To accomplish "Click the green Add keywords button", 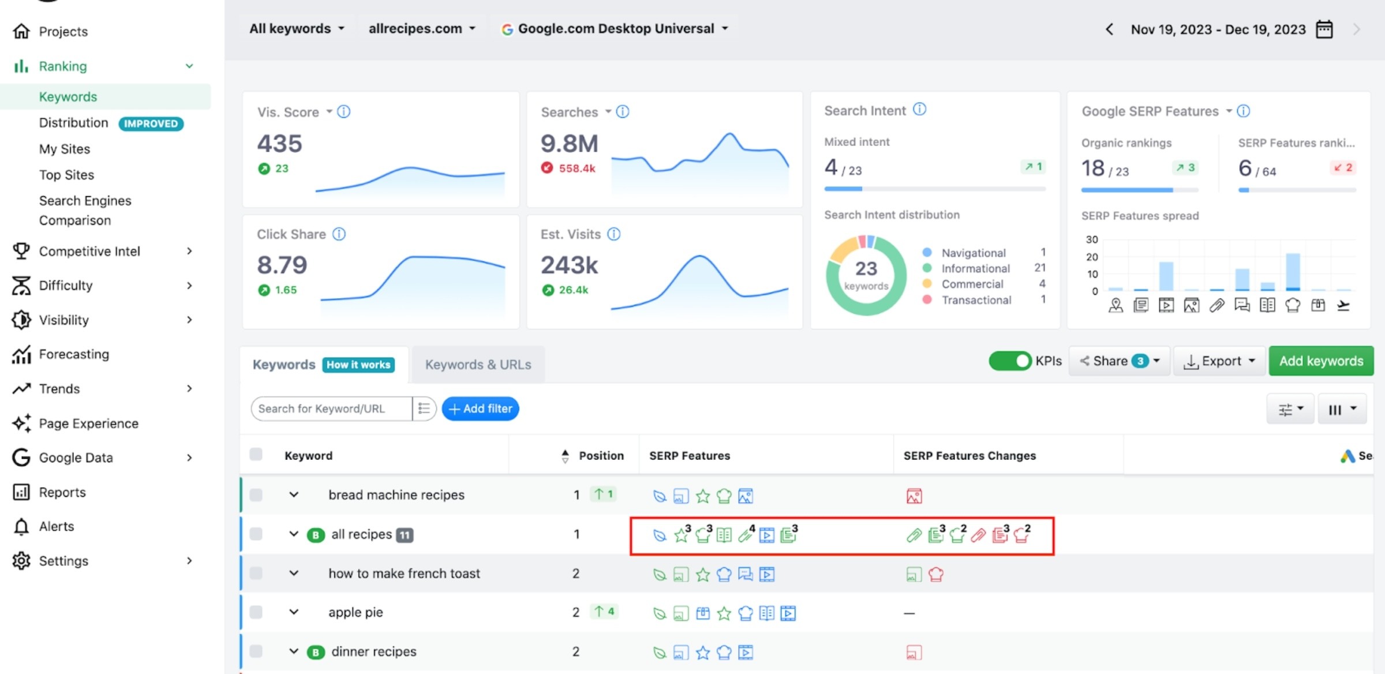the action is [x=1320, y=361].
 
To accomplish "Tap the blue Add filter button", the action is [x=480, y=409].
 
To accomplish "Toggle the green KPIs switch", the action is [x=1010, y=361].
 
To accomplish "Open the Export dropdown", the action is [x=1219, y=361].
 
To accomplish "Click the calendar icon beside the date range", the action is [x=1324, y=29].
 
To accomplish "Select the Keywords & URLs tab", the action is [x=478, y=365].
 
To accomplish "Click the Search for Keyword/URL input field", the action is [x=332, y=409].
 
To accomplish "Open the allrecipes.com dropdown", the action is [x=422, y=28].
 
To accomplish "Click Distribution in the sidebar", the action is [x=73, y=123].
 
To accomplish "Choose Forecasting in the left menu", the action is [x=74, y=354].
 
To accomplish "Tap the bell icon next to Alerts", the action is [x=21, y=526].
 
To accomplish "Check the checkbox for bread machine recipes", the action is [x=256, y=495].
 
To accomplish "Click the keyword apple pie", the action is [x=355, y=612].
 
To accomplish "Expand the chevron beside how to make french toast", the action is [x=294, y=573].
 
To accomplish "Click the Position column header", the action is [x=601, y=456].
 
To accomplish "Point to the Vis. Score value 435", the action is [x=279, y=143].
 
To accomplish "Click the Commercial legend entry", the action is [x=972, y=284].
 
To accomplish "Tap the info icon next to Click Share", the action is [x=339, y=234].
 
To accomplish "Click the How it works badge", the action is [x=358, y=365].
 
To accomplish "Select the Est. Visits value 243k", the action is [x=569, y=265].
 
